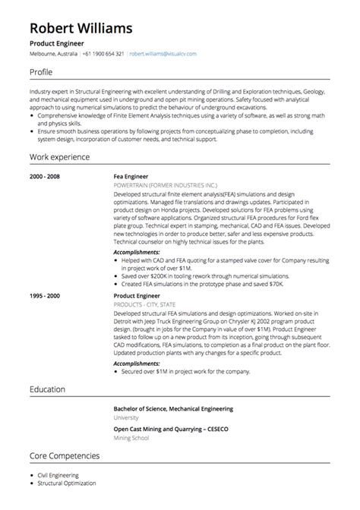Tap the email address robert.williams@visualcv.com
[163, 55]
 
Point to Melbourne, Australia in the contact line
[53, 55]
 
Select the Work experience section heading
[59, 157]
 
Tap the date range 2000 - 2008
[46, 176]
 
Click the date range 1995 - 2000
[46, 296]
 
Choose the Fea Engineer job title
[131, 176]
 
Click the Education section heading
[48, 389]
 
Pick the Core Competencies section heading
[65, 456]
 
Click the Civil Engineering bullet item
[58, 475]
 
